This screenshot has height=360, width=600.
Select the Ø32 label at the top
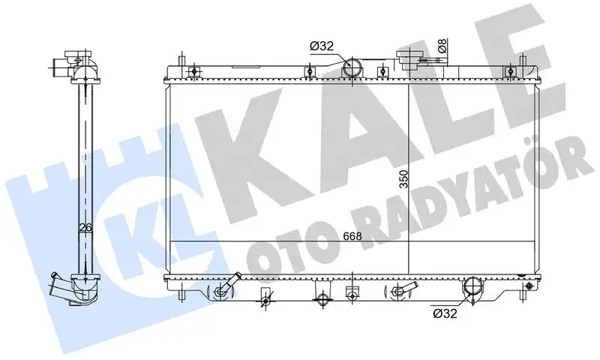coord(321,47)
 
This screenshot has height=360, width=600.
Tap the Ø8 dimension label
coord(442,46)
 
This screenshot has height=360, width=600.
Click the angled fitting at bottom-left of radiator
coord(224,289)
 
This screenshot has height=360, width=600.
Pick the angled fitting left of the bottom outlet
coord(404,289)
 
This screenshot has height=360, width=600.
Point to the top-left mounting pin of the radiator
coord(181,63)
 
